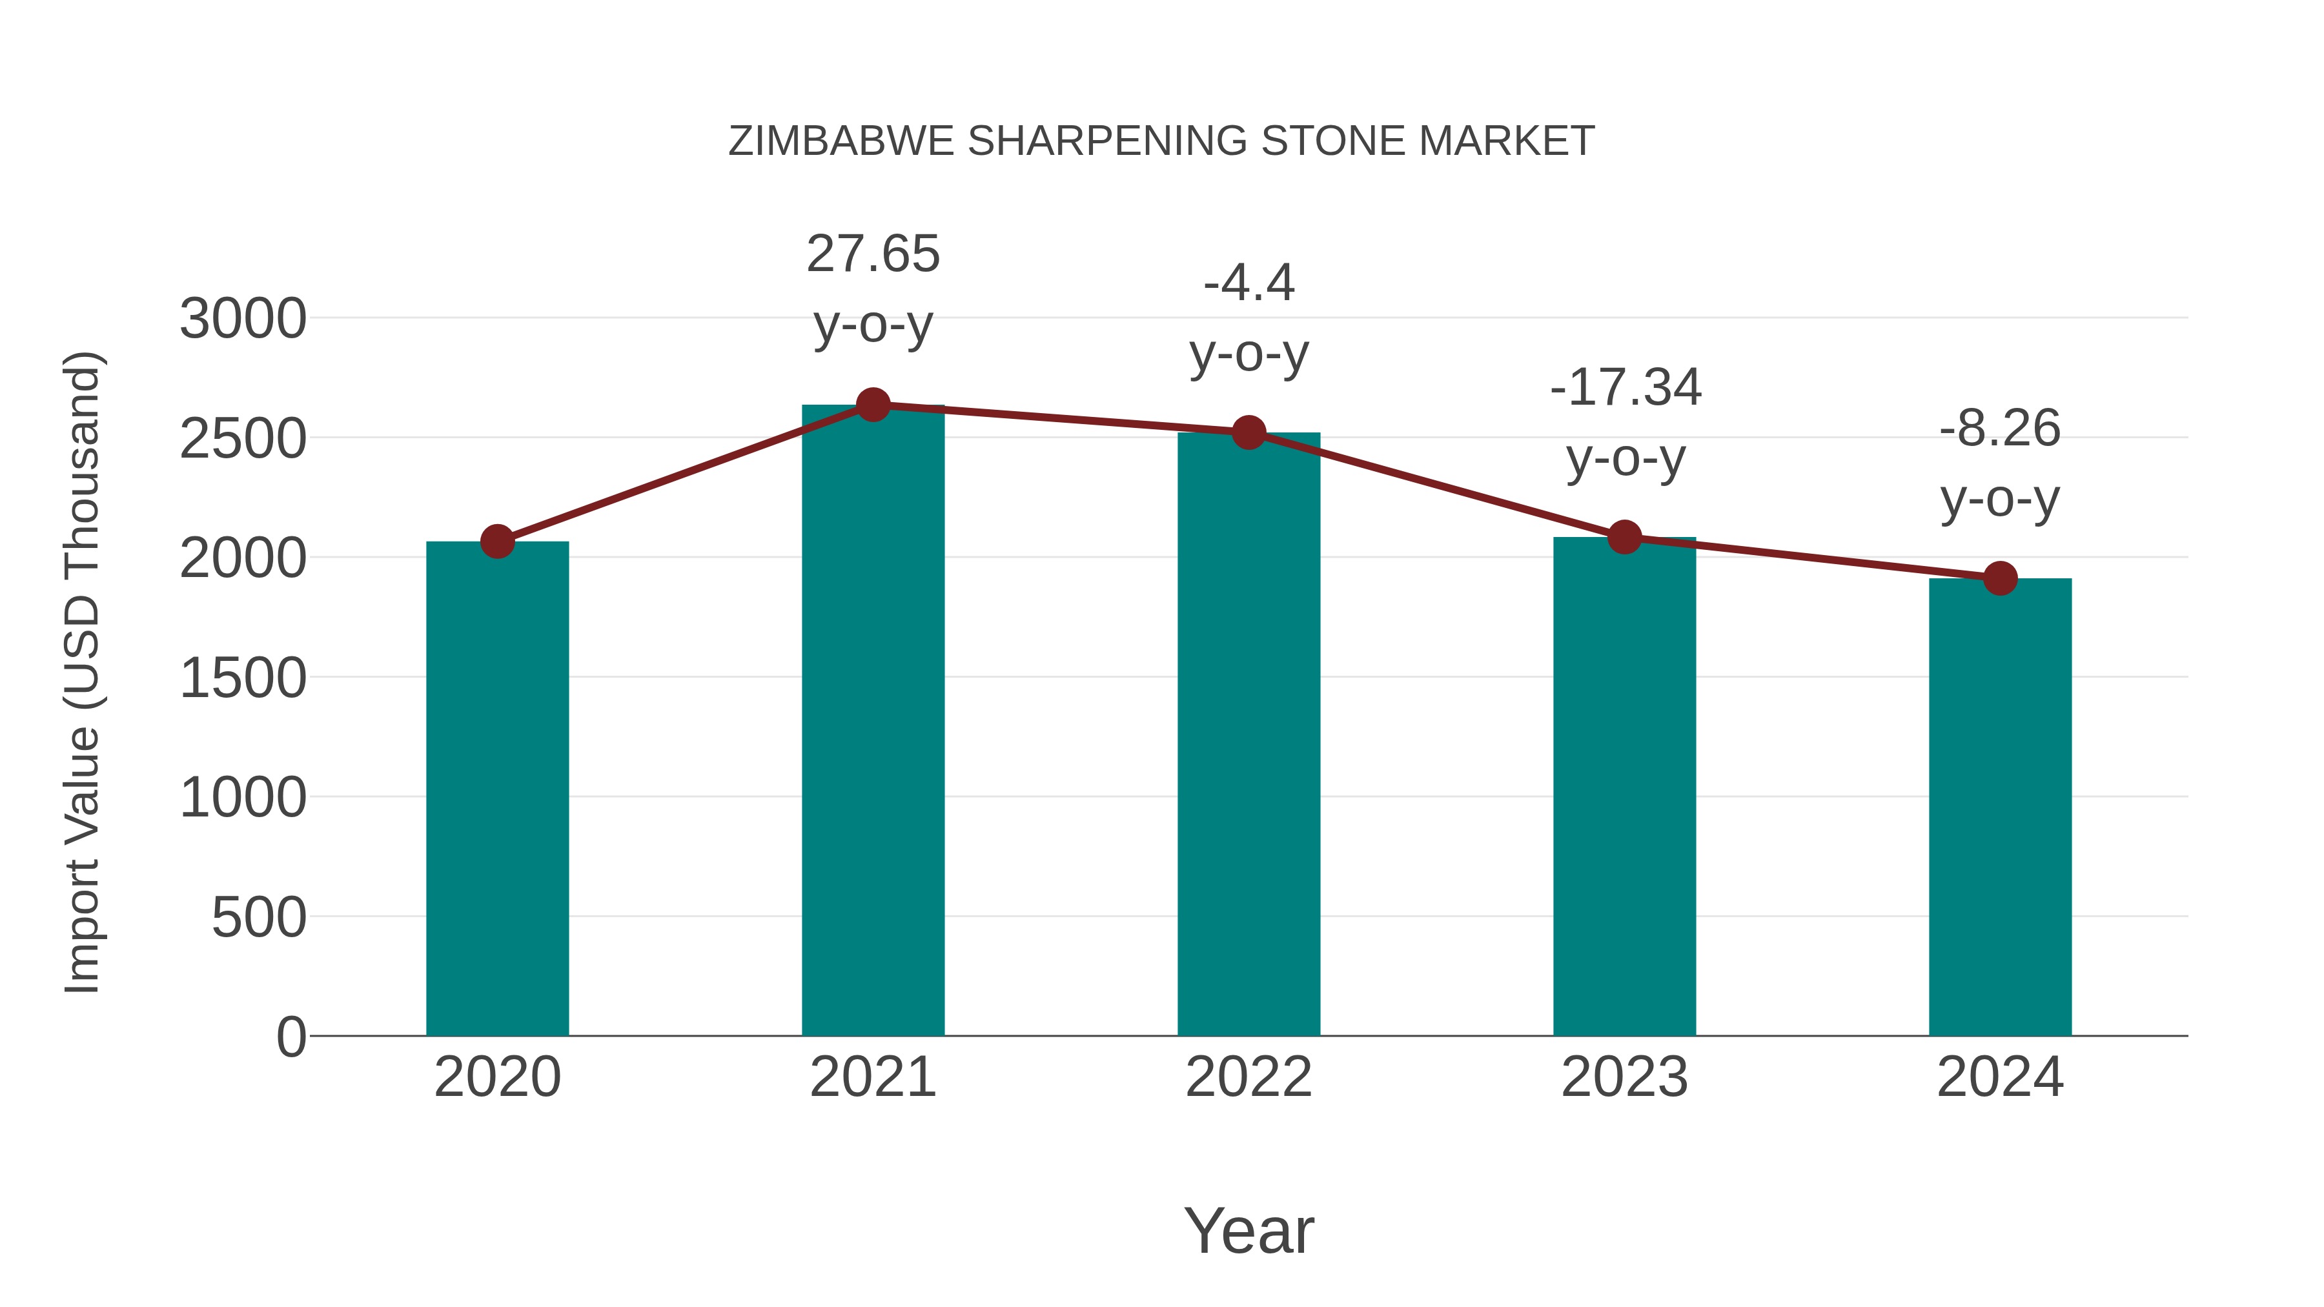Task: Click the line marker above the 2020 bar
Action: pos(497,542)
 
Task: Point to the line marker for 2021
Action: pos(872,405)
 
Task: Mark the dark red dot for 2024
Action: pos(2000,578)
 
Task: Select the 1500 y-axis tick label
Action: pos(243,678)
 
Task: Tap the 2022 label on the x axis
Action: pos(1249,1077)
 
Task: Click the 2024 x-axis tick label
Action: pos(2000,1077)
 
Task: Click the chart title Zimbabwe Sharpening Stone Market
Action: pos(1161,141)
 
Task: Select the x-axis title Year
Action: pos(1249,1230)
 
